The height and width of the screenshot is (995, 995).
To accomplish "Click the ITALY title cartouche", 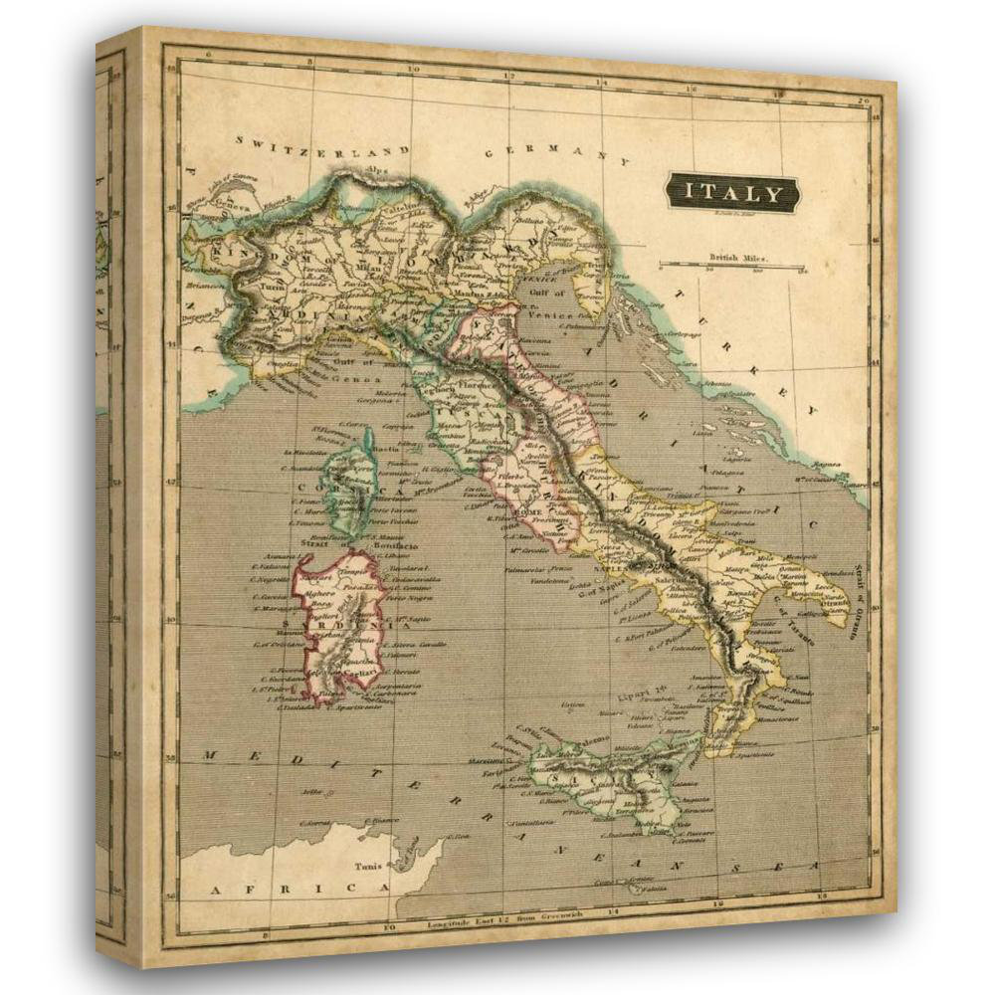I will pyautogui.click(x=731, y=192).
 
